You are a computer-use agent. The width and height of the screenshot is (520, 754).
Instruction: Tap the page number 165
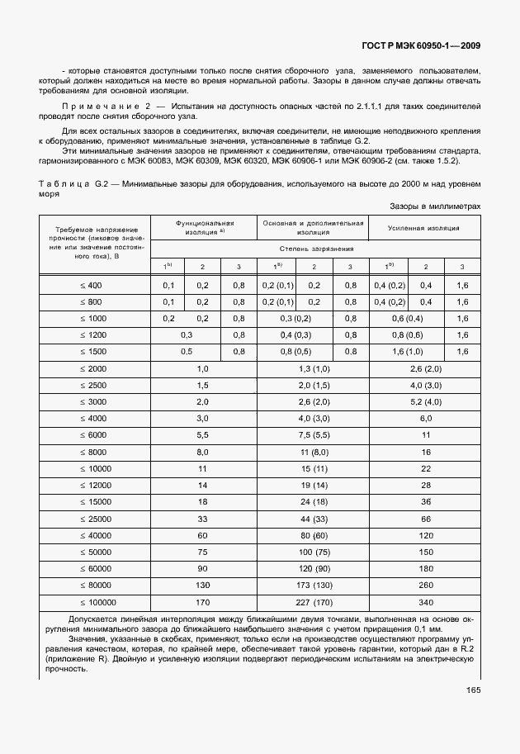473,690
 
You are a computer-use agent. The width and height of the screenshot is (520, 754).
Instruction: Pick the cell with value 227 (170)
314,602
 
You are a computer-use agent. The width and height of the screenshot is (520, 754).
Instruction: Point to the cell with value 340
426,602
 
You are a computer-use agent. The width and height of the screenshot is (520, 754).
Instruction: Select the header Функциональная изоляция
204,227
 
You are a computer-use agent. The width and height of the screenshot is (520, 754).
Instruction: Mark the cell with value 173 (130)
314,586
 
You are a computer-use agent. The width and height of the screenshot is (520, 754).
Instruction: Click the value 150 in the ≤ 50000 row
426,552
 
